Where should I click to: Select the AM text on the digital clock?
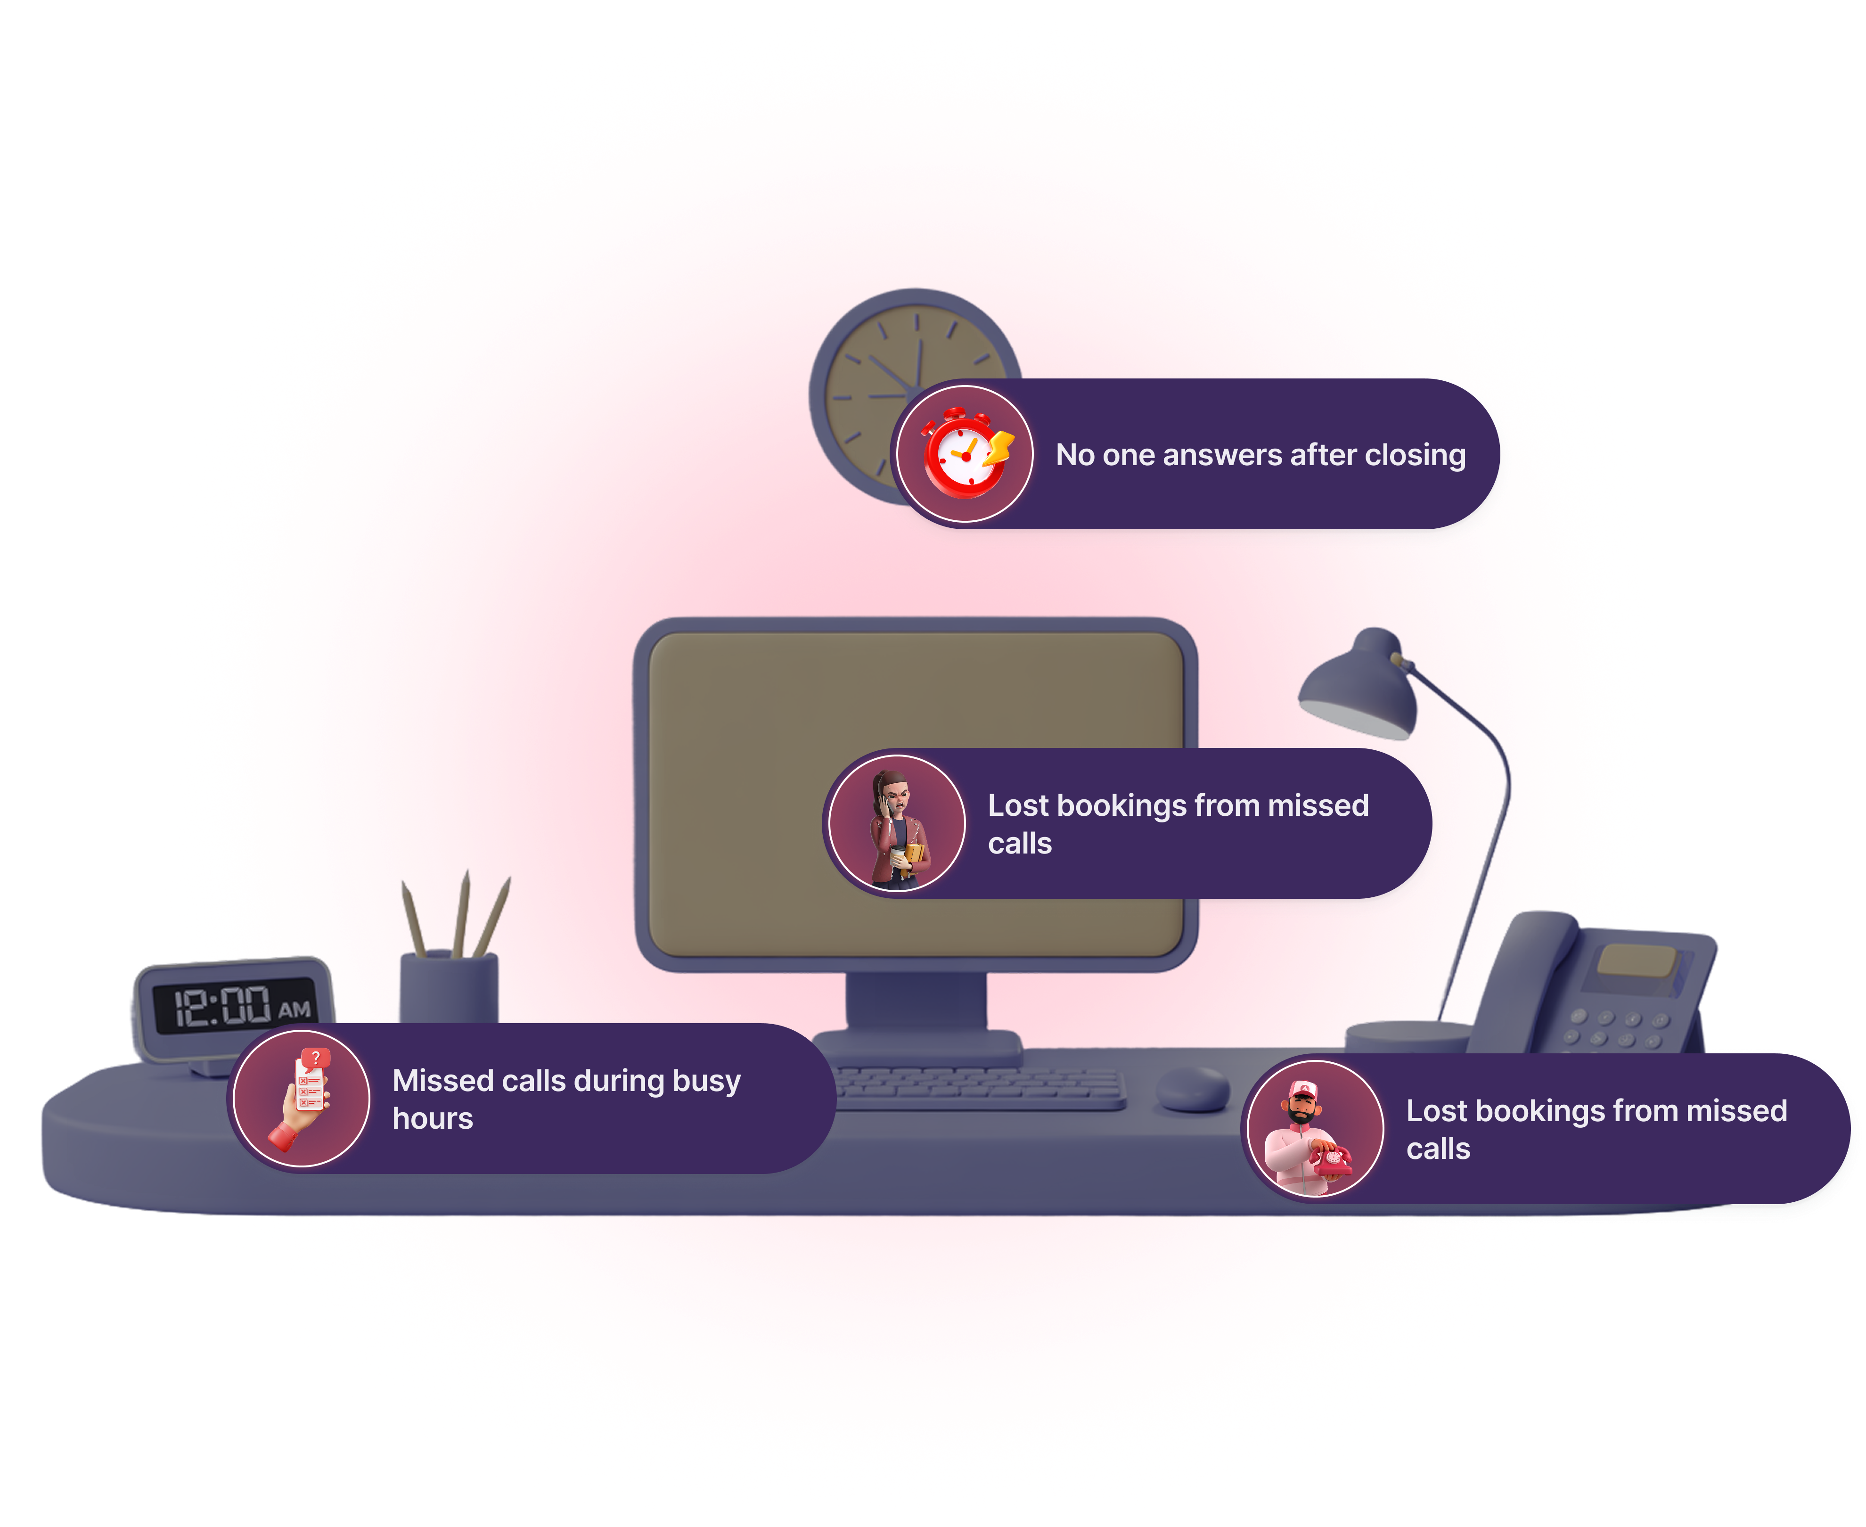295,1009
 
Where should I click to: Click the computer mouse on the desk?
1193,1089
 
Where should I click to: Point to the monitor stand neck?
917,1003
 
